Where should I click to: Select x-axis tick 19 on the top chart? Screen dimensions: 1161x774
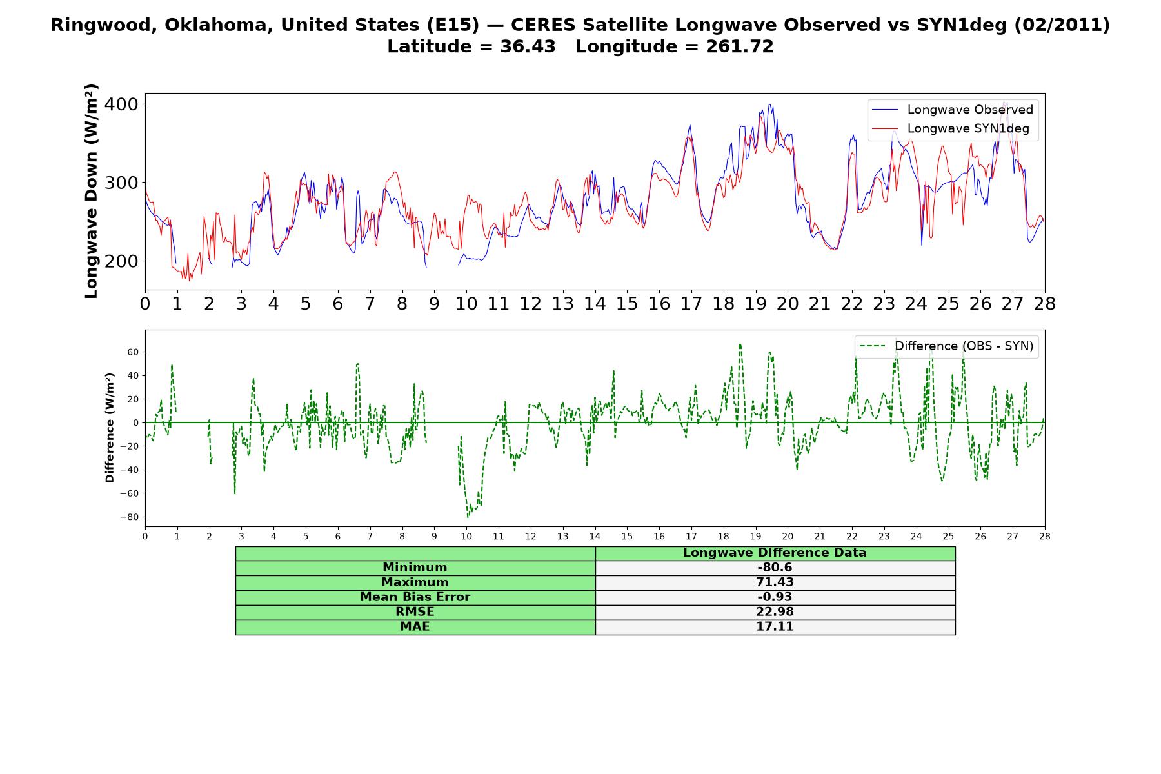755,304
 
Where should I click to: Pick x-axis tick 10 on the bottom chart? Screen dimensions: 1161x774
466,536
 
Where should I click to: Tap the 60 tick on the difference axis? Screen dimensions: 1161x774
134,352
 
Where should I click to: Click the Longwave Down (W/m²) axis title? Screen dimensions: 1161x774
92,191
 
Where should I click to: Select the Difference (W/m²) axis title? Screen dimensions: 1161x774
110,428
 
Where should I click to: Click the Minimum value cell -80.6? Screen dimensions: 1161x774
775,568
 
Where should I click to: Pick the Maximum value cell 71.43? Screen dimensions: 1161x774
775,582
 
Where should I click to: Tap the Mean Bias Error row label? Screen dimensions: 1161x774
415,597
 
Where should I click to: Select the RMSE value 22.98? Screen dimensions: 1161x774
775,612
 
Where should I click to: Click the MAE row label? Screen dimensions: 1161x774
415,627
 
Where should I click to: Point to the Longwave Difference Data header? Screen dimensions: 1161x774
775,553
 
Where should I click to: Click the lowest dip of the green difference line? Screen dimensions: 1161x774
468,517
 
